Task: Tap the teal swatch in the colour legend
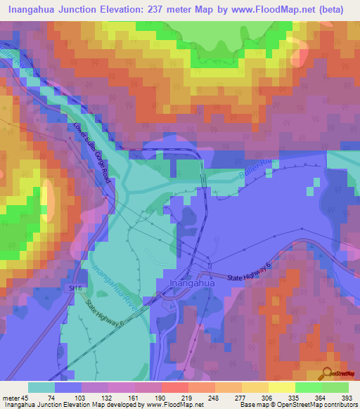click(41, 387)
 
